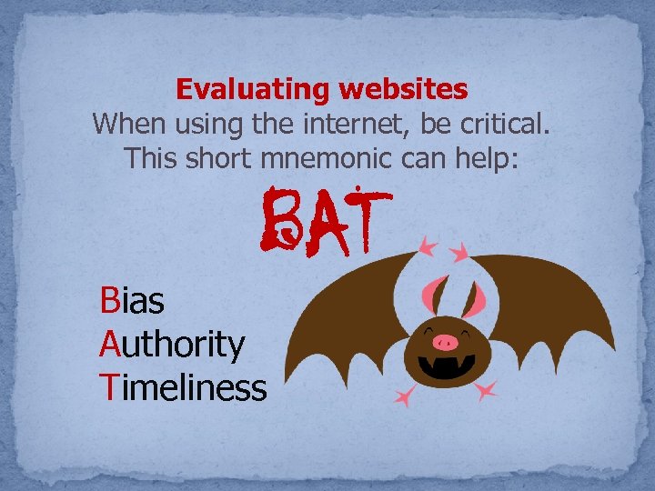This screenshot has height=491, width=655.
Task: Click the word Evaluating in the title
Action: click(x=254, y=90)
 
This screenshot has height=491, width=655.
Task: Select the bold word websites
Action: click(x=403, y=90)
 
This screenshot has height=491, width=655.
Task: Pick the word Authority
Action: click(x=172, y=344)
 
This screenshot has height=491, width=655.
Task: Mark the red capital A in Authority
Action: click(x=109, y=344)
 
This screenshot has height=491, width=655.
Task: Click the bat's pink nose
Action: click(x=445, y=342)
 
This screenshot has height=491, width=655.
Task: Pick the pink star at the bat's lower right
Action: click(x=488, y=390)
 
